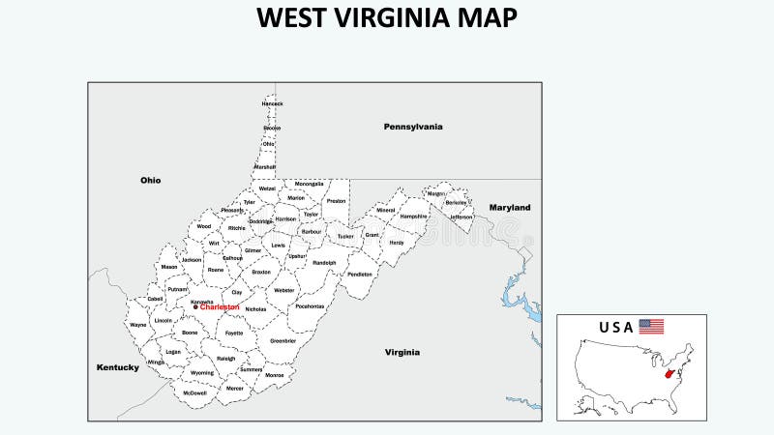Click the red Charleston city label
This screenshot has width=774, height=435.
click(x=221, y=307)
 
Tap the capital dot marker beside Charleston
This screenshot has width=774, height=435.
click(x=195, y=307)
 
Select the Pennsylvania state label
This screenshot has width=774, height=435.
click(x=413, y=127)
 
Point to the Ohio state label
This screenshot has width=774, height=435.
click(x=150, y=180)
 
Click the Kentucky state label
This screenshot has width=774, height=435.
click(x=118, y=367)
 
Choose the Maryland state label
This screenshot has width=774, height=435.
click(x=510, y=208)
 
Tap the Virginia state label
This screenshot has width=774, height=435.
click(x=402, y=353)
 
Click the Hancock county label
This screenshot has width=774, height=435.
click(x=273, y=103)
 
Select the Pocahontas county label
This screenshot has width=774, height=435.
click(x=310, y=305)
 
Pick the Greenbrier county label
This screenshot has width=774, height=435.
click(x=283, y=340)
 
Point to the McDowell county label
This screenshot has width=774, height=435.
click(x=194, y=392)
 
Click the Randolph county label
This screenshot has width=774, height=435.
click(x=324, y=262)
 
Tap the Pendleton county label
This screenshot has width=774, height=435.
click(x=359, y=274)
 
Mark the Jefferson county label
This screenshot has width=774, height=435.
click(x=461, y=217)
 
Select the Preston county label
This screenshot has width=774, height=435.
click(x=336, y=201)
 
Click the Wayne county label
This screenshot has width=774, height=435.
click(x=138, y=325)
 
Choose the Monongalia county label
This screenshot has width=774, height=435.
click(x=310, y=184)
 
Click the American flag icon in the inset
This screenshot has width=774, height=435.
click(x=651, y=327)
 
